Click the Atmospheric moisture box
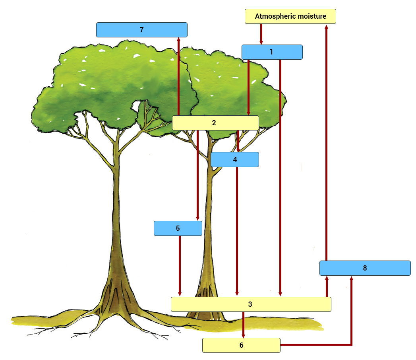[290, 16]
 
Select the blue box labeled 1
[272, 52]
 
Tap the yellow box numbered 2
[215, 123]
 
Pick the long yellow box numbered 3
[251, 304]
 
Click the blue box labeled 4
[235, 160]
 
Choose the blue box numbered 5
[178, 228]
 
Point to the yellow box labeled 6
[241, 345]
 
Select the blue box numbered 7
[141, 30]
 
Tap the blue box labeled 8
[365, 268]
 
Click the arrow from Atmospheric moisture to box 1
[261, 34]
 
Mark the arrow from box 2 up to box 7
[178, 76]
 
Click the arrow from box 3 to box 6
[243, 325]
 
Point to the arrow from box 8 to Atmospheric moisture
[326, 143]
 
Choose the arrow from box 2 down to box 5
[197, 175]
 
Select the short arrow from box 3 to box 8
[327, 286]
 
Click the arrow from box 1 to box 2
[248, 88]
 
